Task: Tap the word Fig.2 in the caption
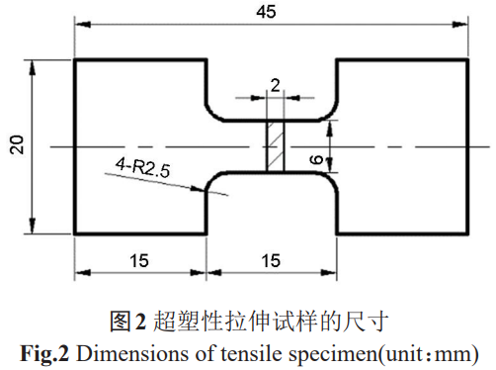(x=41, y=351)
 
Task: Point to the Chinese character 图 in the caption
(x=121, y=320)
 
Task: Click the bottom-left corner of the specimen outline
(x=75, y=233)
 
